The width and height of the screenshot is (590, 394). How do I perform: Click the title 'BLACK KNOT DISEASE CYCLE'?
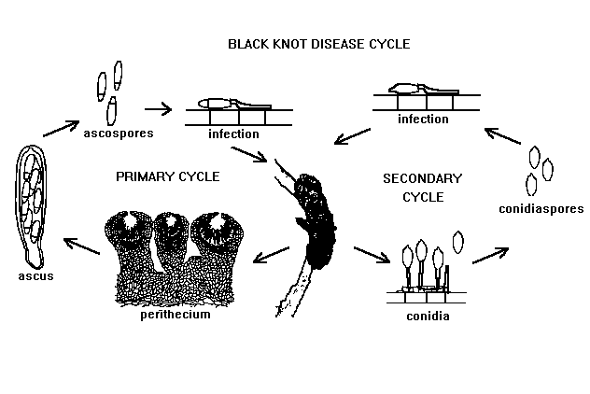(x=319, y=44)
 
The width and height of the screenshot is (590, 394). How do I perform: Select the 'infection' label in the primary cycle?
(x=233, y=134)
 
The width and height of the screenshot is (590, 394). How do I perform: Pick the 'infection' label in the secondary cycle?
(x=423, y=119)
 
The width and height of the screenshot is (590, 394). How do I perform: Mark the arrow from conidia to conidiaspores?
(x=489, y=254)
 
